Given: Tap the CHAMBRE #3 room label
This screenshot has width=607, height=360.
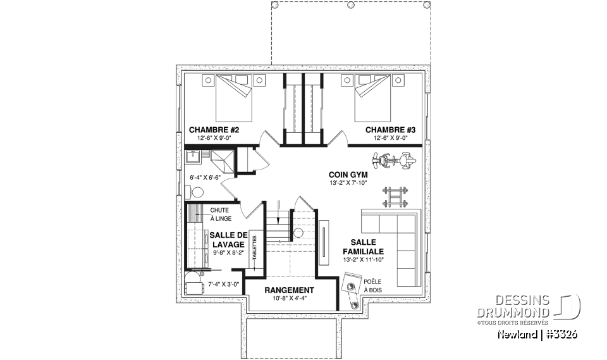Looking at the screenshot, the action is tap(390, 130).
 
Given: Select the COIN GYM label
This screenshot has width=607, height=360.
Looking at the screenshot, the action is tap(348, 175).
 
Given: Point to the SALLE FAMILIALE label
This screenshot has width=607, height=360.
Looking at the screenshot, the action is tap(363, 247).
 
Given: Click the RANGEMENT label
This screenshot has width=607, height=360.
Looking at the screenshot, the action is tap(289, 290).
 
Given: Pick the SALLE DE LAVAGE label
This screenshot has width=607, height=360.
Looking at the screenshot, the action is tap(228, 240).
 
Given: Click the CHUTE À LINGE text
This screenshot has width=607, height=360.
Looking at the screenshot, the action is tap(221, 214).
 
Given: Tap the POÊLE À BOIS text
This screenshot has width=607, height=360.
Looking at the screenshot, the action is tap(373, 285).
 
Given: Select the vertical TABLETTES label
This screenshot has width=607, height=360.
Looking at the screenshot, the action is tap(254, 247).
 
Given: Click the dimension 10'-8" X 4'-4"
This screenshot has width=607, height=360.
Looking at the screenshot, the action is tap(289, 298).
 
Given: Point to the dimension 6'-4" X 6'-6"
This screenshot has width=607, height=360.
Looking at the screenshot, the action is tap(205, 178).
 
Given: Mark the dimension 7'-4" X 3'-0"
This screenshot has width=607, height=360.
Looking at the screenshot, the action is tap(224, 284).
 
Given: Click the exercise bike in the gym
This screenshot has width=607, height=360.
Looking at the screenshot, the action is tap(394, 160).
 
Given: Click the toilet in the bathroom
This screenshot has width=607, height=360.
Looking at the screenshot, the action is tap(195, 192).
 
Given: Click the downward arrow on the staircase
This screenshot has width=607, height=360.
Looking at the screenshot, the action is tap(278, 213).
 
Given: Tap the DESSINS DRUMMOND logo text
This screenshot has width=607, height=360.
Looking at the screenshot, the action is tap(513, 306).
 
